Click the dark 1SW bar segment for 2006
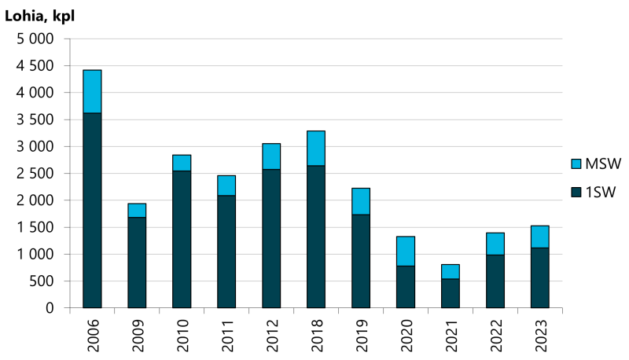(x=92, y=210)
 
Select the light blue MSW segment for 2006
(x=92, y=91)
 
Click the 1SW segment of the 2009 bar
(x=137, y=263)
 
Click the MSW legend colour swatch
(x=576, y=163)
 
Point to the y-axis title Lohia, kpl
(x=40, y=14)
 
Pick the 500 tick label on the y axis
(x=41, y=281)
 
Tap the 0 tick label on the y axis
(x=49, y=308)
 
